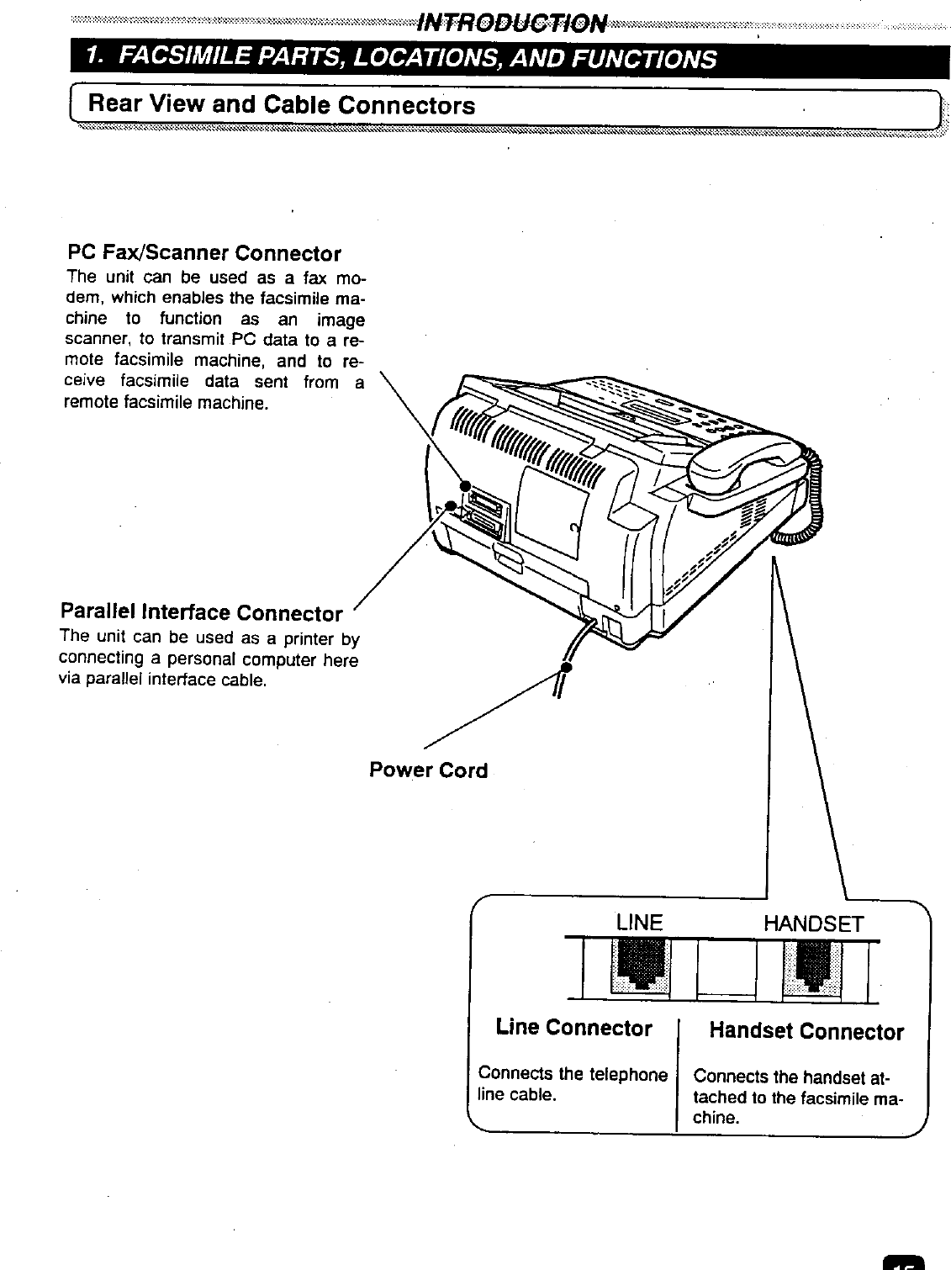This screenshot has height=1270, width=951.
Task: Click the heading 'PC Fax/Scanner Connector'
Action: [204, 253]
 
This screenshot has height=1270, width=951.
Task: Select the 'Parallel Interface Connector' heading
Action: [201, 612]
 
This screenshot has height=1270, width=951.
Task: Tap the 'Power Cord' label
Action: [428, 770]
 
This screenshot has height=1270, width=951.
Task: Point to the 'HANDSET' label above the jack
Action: [812, 923]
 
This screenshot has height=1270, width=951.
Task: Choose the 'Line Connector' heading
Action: [573, 1028]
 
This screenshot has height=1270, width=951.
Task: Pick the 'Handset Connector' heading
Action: [806, 1031]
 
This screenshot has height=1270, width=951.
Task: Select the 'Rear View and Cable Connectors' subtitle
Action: [282, 105]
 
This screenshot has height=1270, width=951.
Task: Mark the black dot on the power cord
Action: [566, 667]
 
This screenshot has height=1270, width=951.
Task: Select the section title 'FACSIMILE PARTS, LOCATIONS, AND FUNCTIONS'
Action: [418, 59]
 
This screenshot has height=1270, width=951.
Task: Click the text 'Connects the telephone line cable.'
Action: [572, 1083]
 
